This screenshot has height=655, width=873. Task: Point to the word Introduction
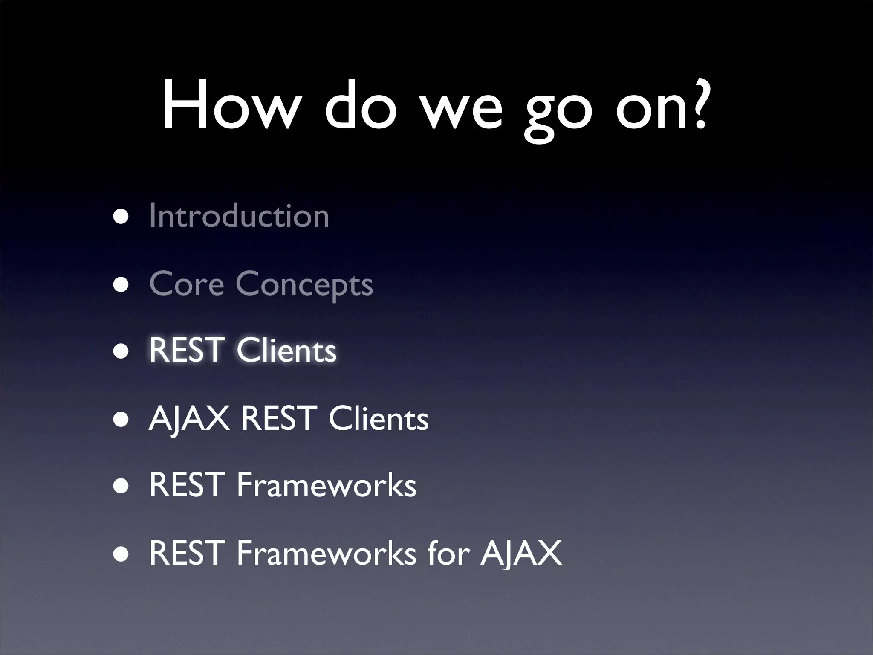click(x=239, y=216)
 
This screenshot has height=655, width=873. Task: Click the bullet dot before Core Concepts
click(x=121, y=285)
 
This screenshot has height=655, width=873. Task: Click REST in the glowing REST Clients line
click(x=186, y=350)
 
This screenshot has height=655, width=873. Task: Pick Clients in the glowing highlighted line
click(x=286, y=351)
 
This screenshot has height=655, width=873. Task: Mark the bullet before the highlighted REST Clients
click(x=121, y=352)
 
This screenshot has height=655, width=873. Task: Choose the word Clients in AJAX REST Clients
click(x=379, y=419)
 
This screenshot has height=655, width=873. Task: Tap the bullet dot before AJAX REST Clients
click(x=121, y=420)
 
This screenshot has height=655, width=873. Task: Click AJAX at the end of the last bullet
click(x=521, y=553)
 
